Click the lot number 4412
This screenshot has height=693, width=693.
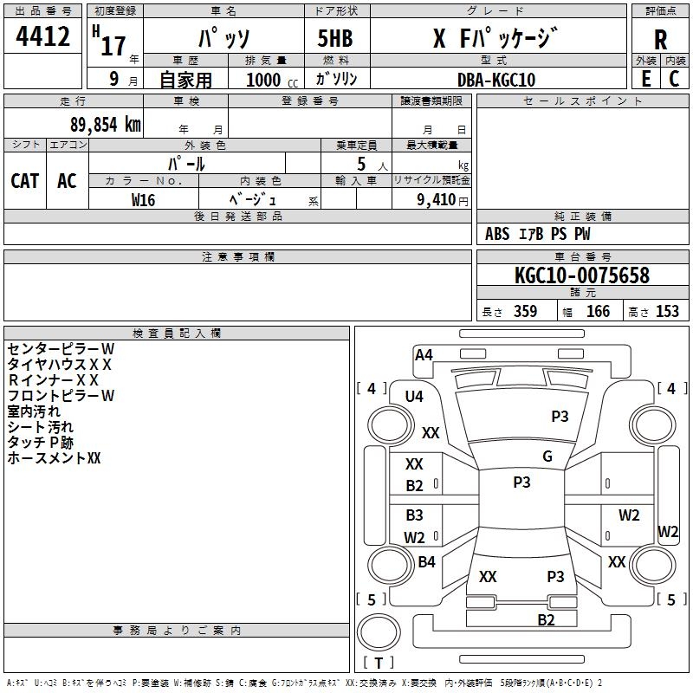pos(43,37)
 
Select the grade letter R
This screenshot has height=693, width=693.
pos(660,39)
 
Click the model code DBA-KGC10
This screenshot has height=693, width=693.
pos(496,80)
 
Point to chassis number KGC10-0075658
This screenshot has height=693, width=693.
pos(581,276)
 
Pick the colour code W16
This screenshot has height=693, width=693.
pos(143,199)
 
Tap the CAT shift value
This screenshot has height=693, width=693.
pos(25,181)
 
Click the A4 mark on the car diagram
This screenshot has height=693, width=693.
pos(424,354)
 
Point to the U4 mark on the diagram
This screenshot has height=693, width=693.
pos(415,397)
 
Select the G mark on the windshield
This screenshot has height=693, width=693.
pos(547,457)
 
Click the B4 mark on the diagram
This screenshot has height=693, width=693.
pos(426,562)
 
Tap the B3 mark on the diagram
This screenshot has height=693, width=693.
pos(415,515)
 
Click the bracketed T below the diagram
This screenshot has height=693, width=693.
pos(379,664)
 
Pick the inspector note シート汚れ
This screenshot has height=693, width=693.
pos(41,427)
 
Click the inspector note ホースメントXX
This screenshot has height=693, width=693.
pos(55,458)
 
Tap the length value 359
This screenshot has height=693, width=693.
pos(525,312)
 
